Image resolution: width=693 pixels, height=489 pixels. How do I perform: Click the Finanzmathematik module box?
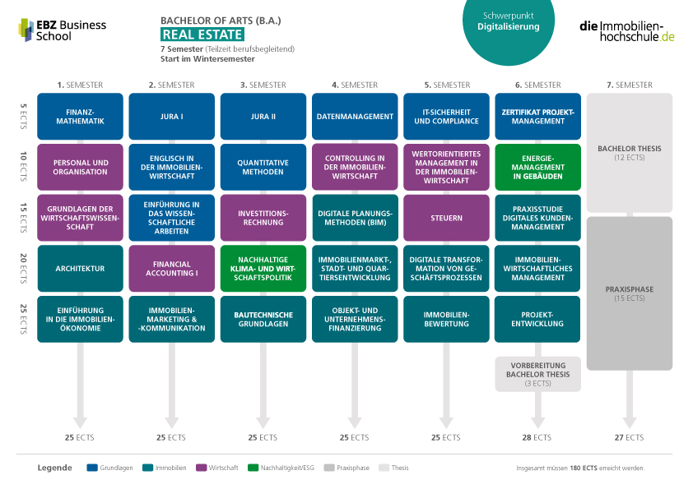point(80,117)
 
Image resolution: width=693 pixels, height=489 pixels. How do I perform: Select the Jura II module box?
point(263,117)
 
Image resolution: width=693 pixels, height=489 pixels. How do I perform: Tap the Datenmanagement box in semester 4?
point(355,117)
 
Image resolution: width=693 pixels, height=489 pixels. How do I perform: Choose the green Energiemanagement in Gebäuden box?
point(538,168)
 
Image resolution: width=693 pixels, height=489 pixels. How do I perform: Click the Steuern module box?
point(446,218)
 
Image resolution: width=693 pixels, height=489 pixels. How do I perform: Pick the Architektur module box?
point(80,268)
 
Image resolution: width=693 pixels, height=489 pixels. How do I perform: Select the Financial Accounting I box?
point(172,268)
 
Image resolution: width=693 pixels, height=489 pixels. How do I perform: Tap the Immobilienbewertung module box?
point(446,319)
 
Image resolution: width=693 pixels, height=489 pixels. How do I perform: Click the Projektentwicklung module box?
point(538,319)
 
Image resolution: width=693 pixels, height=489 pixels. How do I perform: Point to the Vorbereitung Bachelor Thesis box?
point(538,374)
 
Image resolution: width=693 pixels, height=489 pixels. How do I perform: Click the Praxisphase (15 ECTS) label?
point(630,293)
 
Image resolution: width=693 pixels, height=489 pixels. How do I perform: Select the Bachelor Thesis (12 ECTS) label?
point(630,153)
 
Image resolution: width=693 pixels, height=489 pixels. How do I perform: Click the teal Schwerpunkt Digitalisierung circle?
point(509,26)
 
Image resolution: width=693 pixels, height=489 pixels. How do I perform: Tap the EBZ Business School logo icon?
point(26,30)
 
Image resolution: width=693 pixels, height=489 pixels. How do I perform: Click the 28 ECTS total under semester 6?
point(537,437)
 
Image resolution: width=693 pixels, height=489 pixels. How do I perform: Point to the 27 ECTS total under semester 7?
point(629,437)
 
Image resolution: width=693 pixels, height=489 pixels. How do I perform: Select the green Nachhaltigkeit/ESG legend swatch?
point(253,468)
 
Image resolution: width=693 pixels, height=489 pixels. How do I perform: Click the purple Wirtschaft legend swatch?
point(202,468)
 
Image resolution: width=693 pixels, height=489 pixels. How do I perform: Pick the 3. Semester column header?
point(263,85)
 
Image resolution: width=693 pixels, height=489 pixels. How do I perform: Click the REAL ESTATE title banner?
point(202,35)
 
